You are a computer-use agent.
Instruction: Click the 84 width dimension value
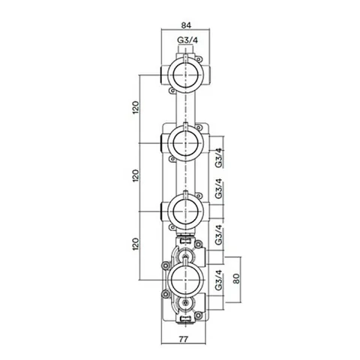tap(186, 25)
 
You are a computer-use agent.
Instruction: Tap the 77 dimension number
tap(183, 339)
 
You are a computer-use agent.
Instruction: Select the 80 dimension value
tap(236, 278)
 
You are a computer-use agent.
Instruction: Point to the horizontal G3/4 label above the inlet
tap(187, 40)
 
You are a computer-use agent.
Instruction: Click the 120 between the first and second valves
tap(135, 107)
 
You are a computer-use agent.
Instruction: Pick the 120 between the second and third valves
tap(135, 175)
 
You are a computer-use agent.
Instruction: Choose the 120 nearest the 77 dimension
tap(135, 244)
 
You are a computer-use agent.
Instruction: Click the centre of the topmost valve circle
tap(185, 75)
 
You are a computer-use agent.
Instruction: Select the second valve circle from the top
tap(185, 143)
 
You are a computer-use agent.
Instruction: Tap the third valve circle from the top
tap(185, 211)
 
